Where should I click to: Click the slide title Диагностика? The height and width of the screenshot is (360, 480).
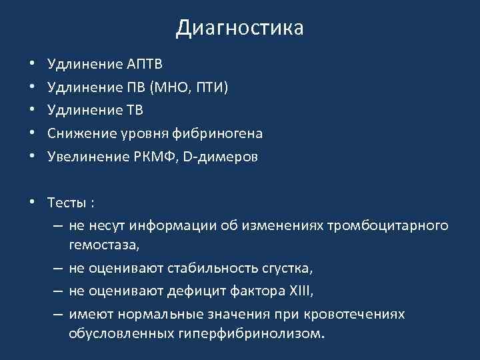[240, 28]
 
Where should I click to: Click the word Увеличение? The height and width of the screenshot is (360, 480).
[84, 157]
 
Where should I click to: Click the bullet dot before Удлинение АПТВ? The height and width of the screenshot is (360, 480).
[31, 65]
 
